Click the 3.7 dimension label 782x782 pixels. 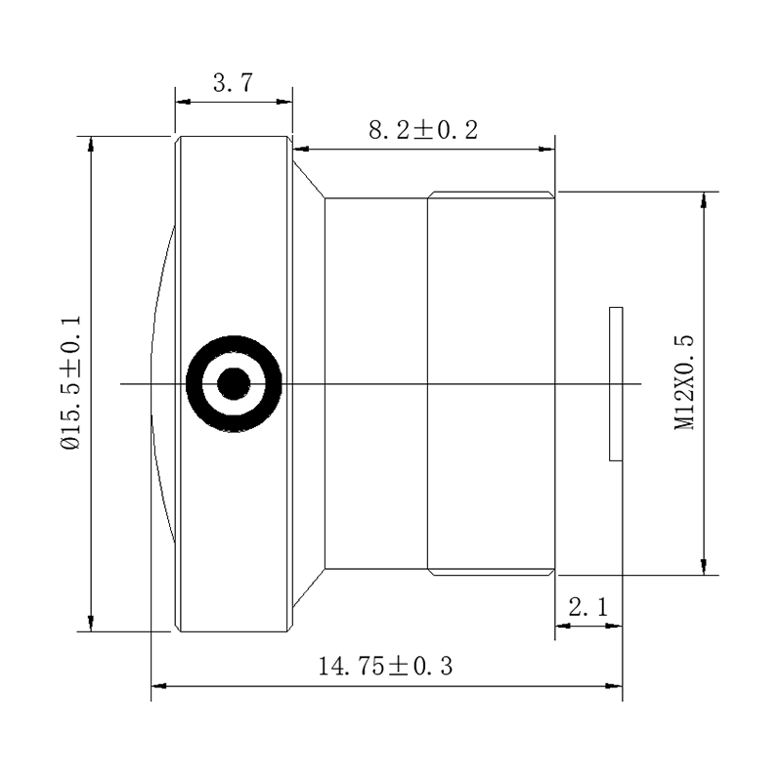click(233, 83)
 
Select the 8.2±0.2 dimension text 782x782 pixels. click(423, 130)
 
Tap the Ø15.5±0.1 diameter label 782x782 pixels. click(70, 382)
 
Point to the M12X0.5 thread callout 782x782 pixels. click(683, 382)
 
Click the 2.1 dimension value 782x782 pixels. click(588, 607)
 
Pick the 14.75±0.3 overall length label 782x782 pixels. click(385, 667)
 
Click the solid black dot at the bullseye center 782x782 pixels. click(234, 383)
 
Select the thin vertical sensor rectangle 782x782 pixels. click(616, 383)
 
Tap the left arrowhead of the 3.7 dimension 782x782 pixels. click(183, 102)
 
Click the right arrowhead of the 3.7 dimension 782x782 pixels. click(284, 102)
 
